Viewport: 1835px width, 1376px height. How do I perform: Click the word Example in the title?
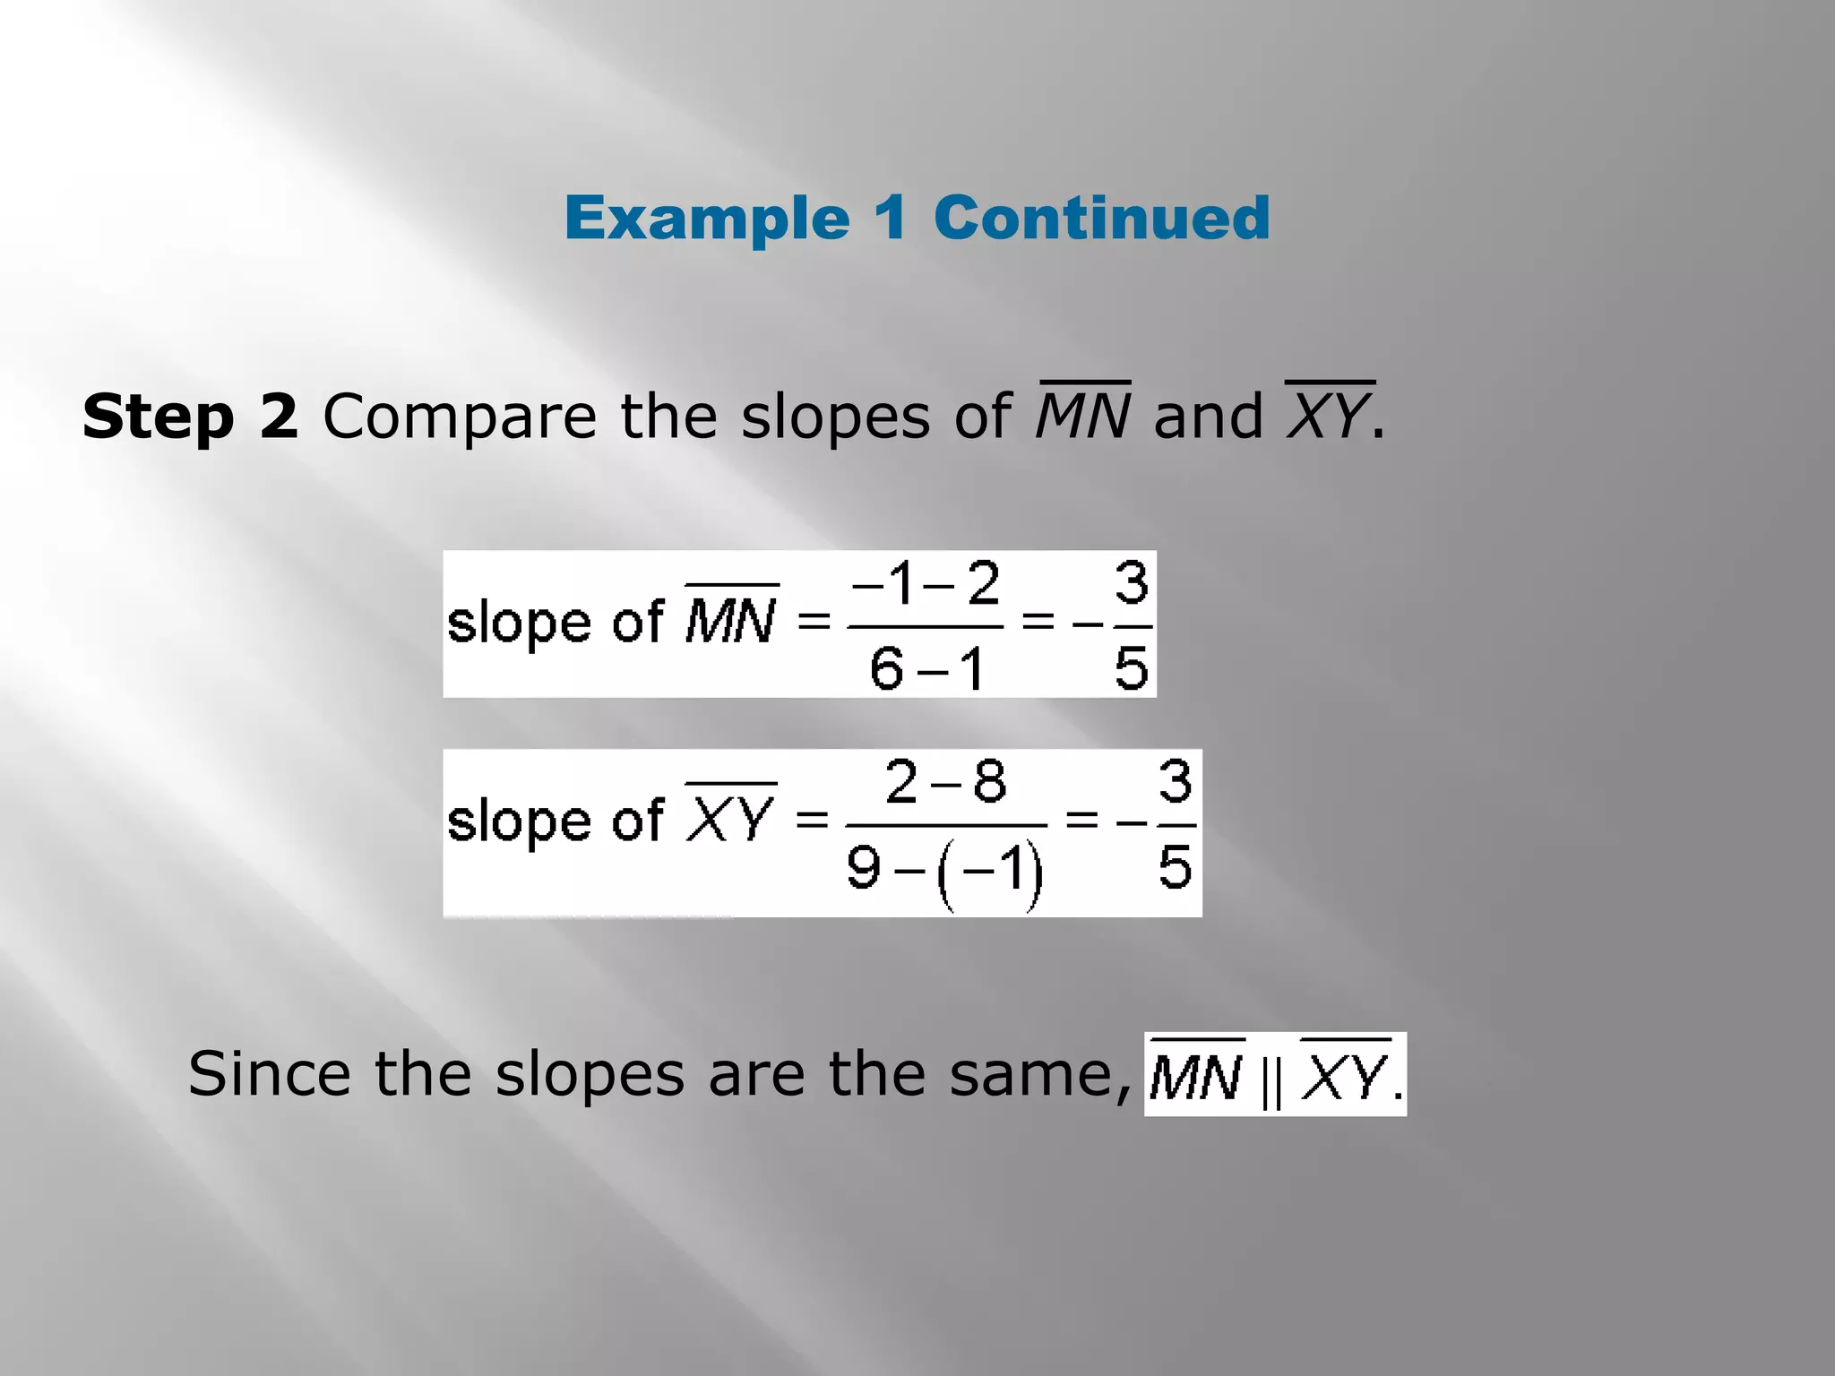707,219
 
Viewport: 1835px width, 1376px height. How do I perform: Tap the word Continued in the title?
1101,218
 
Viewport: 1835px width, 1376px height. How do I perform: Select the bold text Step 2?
190,417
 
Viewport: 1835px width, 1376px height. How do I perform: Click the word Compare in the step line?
459,418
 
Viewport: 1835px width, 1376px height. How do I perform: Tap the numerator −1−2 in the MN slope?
925,584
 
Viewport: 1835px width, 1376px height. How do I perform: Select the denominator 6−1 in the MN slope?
926,668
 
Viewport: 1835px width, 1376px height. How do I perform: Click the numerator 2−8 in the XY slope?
945,781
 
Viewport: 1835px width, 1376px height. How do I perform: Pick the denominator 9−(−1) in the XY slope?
945,869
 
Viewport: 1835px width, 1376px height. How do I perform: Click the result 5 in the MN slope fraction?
1131,668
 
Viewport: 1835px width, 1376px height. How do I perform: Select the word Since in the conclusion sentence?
269,1074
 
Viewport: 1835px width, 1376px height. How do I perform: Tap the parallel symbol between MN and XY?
1271,1083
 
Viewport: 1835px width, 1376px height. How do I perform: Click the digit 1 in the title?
892,218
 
